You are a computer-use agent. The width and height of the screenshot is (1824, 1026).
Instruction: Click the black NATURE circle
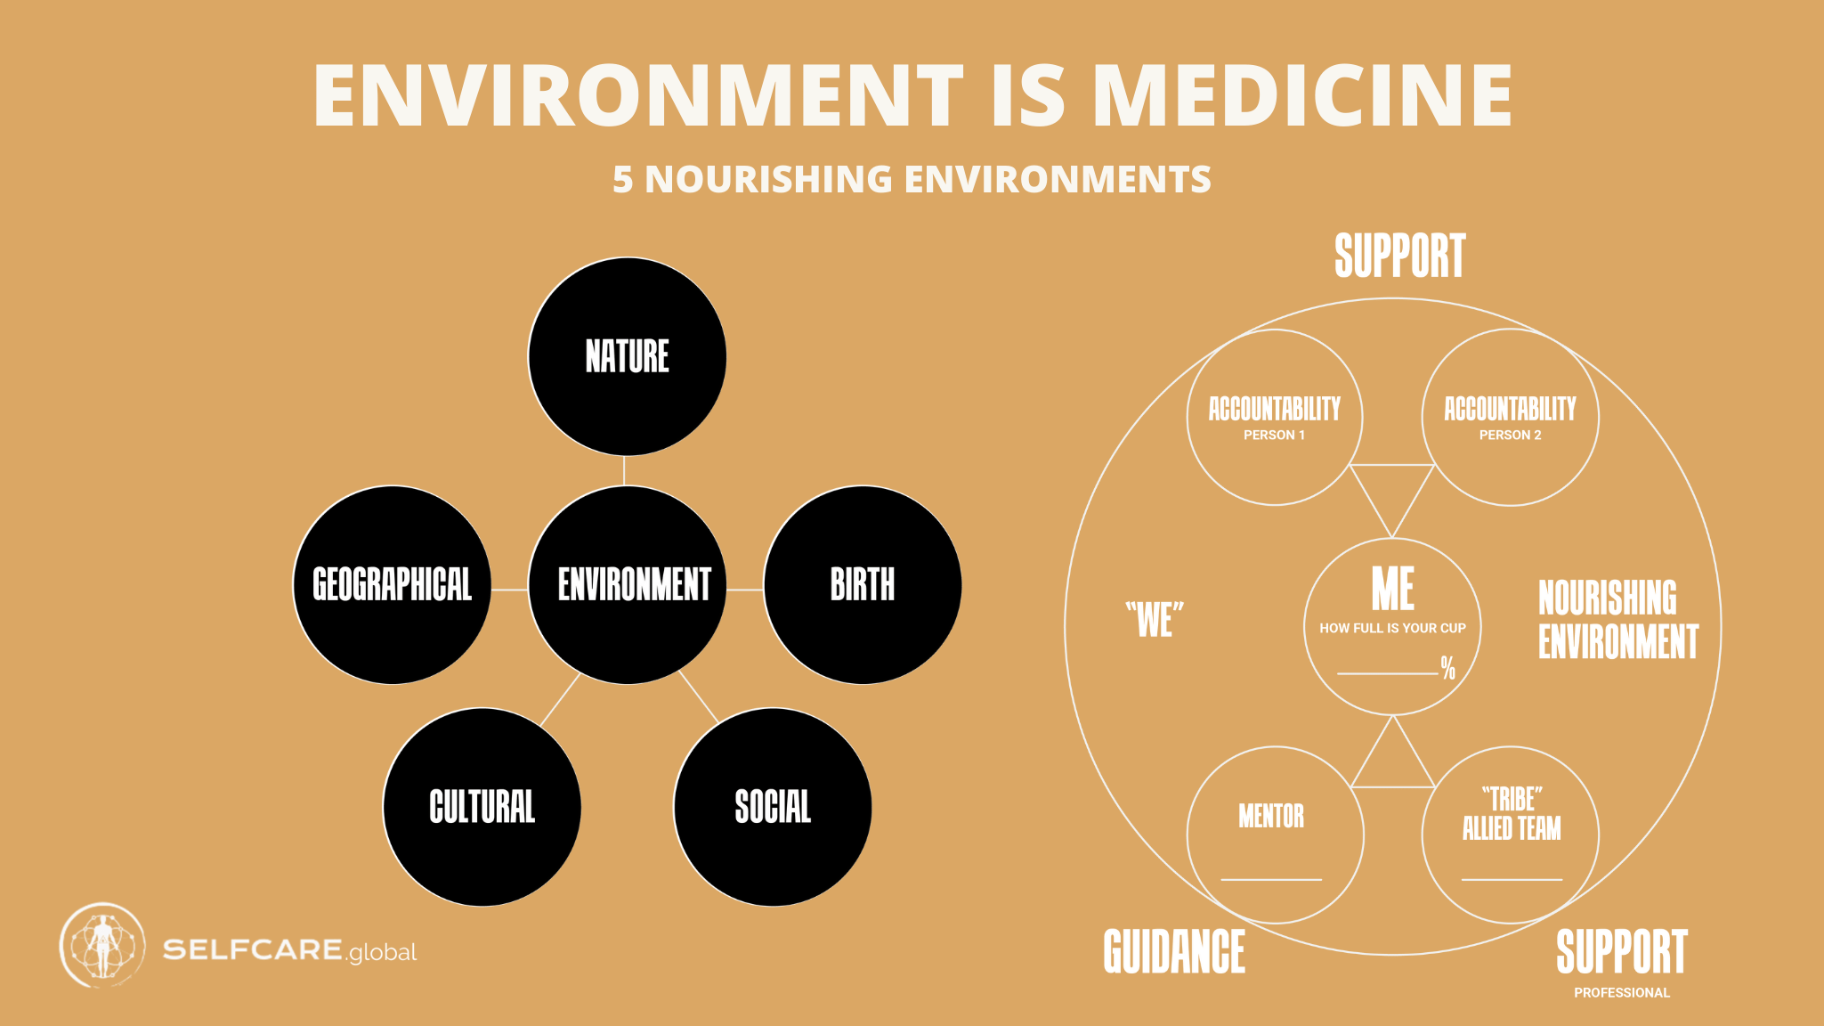pyautogui.click(x=628, y=356)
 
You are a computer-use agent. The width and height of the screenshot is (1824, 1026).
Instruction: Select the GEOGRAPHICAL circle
pyautogui.click(x=393, y=585)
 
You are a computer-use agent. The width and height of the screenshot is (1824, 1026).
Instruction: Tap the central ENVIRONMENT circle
pyautogui.click(x=628, y=585)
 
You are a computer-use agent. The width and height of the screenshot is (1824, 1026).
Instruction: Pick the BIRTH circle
pyautogui.click(x=863, y=585)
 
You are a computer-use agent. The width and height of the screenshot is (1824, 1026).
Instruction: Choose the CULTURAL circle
pyautogui.click(x=482, y=807)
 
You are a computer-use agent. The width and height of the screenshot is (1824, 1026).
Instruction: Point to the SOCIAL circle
pyautogui.click(x=773, y=807)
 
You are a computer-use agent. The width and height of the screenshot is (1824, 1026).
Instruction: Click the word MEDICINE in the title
pyautogui.click(x=1302, y=94)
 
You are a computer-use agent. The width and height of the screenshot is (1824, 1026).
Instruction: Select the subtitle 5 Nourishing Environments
pyautogui.click(x=912, y=179)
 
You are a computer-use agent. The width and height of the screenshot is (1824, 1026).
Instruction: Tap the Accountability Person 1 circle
pyautogui.click(x=1275, y=418)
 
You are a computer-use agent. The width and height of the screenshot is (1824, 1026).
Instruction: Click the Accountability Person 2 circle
pyautogui.click(x=1511, y=418)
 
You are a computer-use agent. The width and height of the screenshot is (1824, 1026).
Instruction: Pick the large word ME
pyautogui.click(x=1393, y=588)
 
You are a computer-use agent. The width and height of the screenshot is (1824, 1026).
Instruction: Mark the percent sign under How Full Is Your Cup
pyautogui.click(x=1448, y=667)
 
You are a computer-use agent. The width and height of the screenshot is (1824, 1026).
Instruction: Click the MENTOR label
pyautogui.click(x=1271, y=816)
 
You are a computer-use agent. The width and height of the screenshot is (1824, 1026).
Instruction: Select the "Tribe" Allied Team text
pyautogui.click(x=1512, y=813)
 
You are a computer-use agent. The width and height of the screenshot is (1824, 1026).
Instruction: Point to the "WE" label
pyautogui.click(x=1155, y=619)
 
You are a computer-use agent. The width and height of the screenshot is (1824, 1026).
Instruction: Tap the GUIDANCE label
pyautogui.click(x=1174, y=951)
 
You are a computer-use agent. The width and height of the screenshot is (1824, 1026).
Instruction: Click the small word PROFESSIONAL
pyautogui.click(x=1622, y=993)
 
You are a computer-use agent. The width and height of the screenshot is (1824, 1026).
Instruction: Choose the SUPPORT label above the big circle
pyautogui.click(x=1399, y=256)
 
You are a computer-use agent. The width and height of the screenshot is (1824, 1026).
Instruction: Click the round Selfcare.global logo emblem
pyautogui.click(x=102, y=946)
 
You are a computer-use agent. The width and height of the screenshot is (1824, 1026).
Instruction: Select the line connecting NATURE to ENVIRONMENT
pyautogui.click(x=624, y=471)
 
